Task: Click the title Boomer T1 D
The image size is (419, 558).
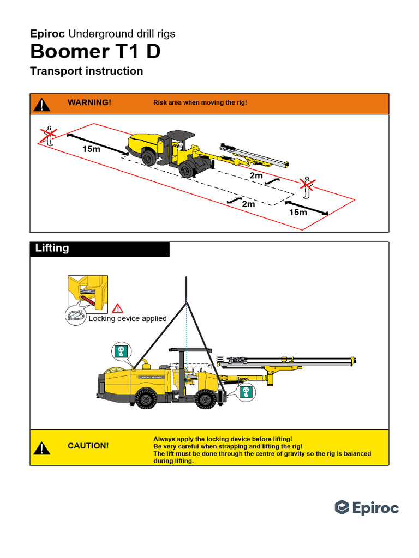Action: [x=95, y=52]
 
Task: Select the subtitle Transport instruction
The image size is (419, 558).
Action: [x=87, y=71]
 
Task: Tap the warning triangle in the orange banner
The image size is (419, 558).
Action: [x=42, y=104]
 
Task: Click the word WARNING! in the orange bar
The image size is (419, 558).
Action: [x=89, y=102]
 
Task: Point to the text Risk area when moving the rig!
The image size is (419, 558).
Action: [x=200, y=102]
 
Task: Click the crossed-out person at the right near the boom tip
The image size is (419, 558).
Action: [x=307, y=187]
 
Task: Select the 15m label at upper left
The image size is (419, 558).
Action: [x=91, y=149]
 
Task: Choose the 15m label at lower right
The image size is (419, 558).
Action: [x=298, y=213]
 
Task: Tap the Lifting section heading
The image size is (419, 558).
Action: [x=52, y=248]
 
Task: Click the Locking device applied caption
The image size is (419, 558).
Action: [x=128, y=319]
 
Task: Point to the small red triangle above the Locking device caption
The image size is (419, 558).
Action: [x=118, y=308]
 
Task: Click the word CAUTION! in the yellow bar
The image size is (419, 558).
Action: [x=88, y=446]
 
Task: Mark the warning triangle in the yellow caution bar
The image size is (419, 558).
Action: [x=42, y=448]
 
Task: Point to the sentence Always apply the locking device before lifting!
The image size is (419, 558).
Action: [x=223, y=439]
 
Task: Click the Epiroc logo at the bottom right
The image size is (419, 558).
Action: [x=367, y=508]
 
